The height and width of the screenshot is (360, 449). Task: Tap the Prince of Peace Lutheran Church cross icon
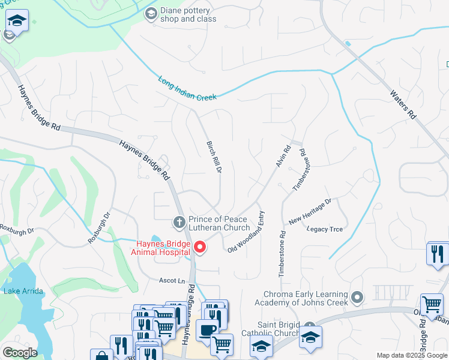179,223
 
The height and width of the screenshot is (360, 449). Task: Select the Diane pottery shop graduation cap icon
151,13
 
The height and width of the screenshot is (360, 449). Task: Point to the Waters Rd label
403,104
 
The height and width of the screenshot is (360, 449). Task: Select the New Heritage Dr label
310,211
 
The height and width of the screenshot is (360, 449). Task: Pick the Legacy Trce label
325,229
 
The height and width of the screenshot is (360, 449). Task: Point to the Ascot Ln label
172,280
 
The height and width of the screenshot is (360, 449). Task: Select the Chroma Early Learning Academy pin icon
358,297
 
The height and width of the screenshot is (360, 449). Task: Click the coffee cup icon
207,329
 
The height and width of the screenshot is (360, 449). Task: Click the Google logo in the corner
20,353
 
